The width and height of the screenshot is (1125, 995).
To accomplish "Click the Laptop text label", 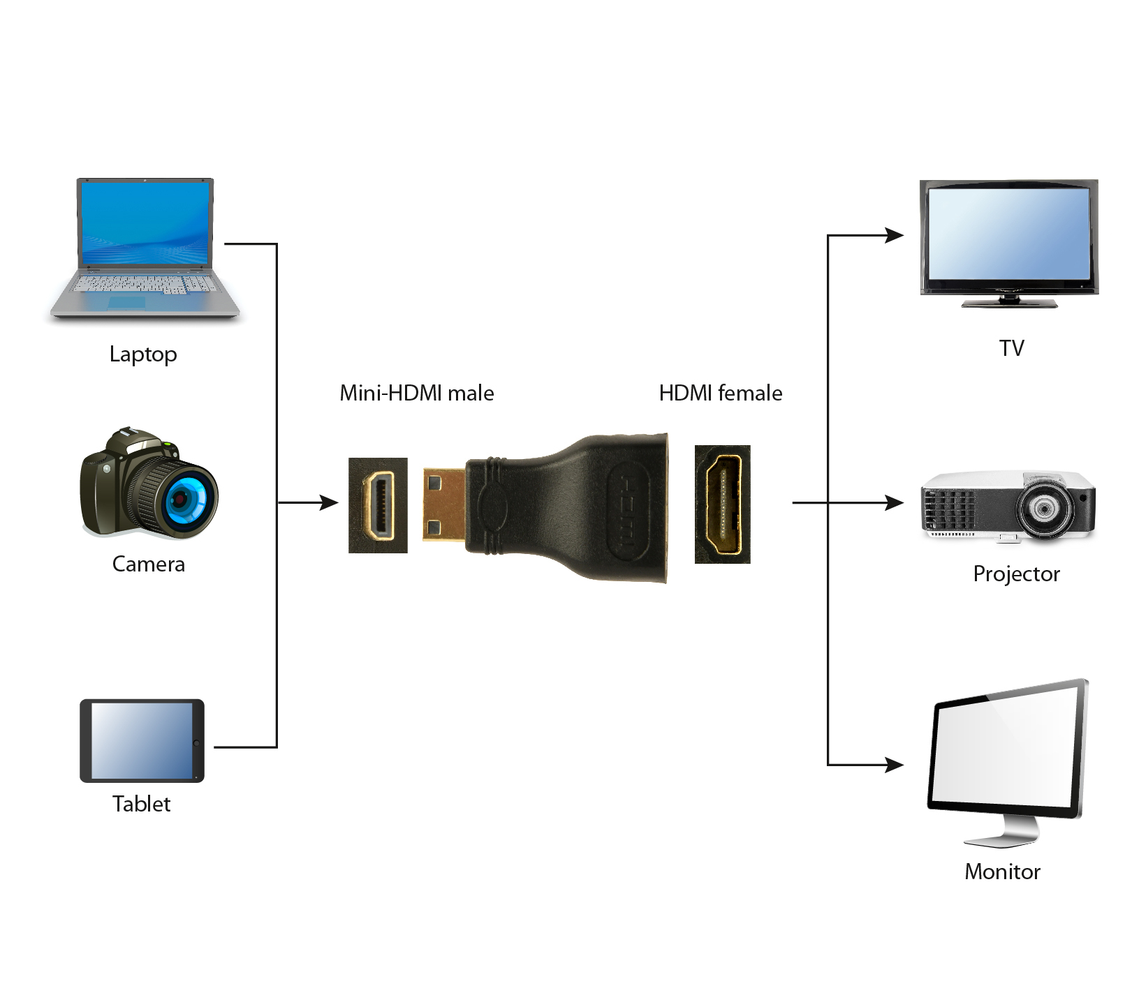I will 143,354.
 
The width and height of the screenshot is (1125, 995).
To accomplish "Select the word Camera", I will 148,564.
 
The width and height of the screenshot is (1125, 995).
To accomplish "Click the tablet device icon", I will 142,740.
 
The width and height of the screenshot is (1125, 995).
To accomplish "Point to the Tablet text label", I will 141,804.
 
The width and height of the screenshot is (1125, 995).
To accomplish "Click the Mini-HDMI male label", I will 416,393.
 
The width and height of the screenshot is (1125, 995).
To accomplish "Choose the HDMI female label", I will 720,393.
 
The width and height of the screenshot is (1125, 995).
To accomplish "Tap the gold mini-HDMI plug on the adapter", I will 444,504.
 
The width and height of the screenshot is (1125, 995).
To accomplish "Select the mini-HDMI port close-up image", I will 378,505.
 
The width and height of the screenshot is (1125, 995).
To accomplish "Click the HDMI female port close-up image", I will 722,504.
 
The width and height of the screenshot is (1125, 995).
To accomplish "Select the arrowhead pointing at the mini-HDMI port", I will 329,502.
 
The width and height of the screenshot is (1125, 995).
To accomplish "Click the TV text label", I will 1010,348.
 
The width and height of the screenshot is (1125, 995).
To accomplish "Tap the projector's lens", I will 1043,509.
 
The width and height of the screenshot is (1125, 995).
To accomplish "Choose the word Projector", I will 1016,574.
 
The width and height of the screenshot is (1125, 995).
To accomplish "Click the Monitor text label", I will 1002,871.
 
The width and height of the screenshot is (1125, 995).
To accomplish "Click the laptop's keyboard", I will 145,284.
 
